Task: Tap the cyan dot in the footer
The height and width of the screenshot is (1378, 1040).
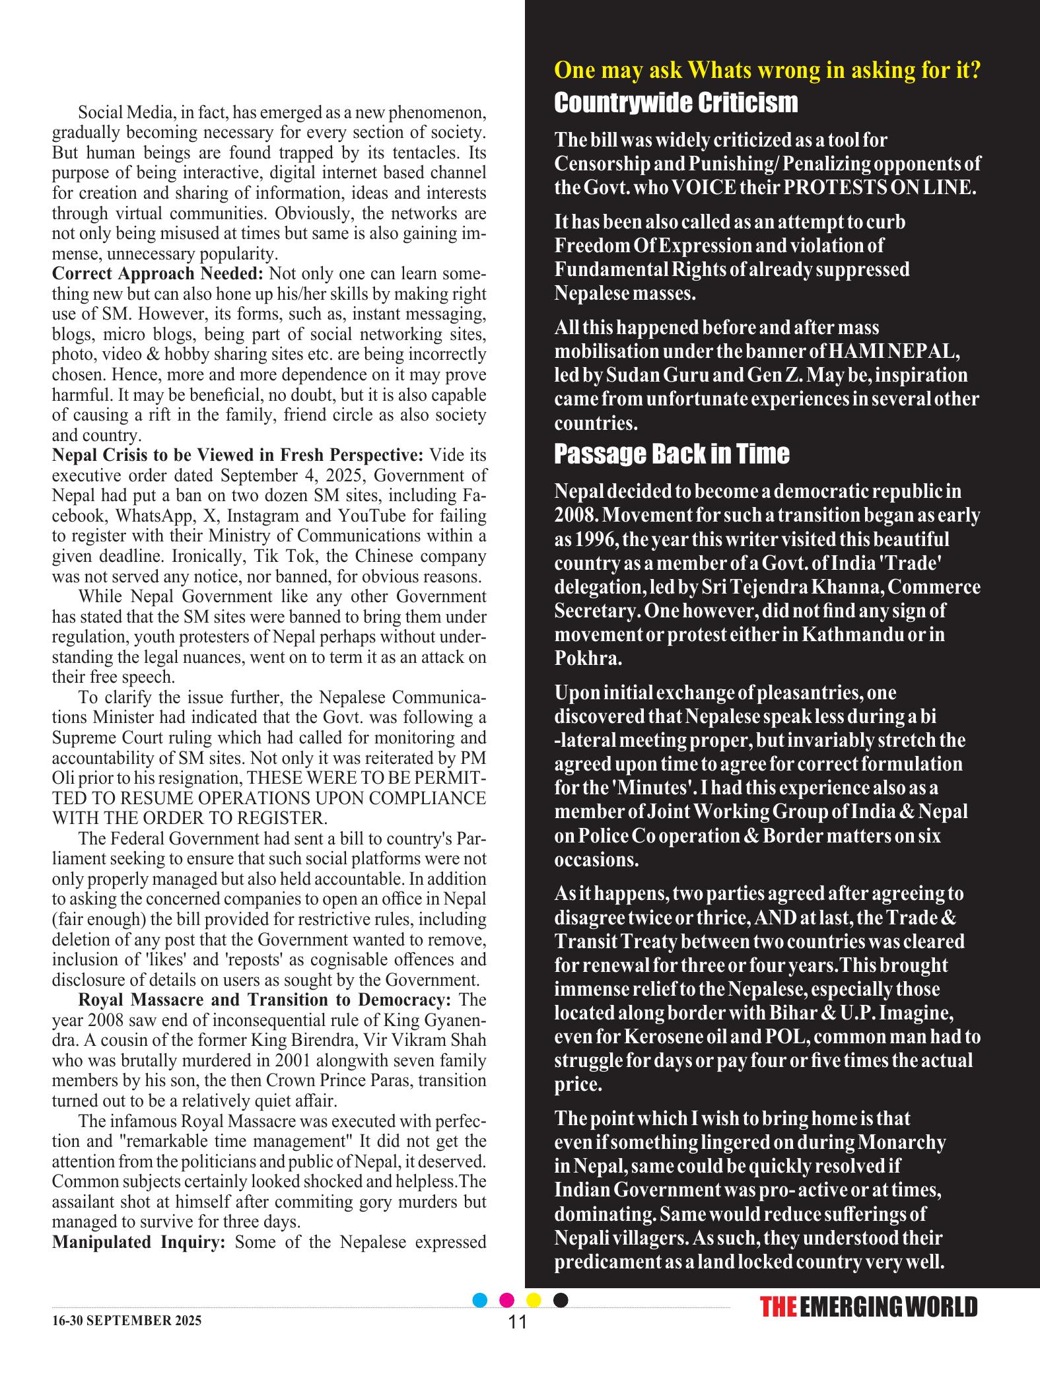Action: tap(481, 1300)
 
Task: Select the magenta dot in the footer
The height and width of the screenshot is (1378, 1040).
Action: tap(507, 1300)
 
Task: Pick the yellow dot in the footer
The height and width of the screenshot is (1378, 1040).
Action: tap(534, 1300)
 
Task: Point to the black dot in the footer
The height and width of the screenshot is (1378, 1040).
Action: tap(561, 1300)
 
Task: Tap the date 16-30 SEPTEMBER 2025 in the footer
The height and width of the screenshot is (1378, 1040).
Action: tap(127, 1321)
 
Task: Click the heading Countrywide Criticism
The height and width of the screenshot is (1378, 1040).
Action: tap(676, 103)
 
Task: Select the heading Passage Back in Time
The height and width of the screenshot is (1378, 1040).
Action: tap(672, 454)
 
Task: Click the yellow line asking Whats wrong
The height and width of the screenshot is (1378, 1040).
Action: tap(767, 70)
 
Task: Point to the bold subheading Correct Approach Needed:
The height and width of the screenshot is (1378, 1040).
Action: tap(157, 273)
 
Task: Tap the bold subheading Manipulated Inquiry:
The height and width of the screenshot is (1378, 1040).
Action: tap(139, 1241)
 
